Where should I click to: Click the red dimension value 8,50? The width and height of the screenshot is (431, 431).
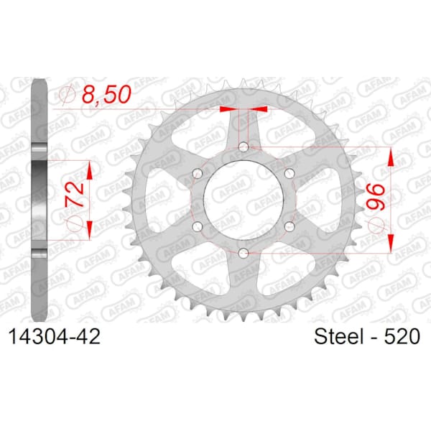coord(106,94)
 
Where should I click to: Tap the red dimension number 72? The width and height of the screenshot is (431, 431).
coord(75,195)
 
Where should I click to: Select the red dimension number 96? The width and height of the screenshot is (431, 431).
coord(376,197)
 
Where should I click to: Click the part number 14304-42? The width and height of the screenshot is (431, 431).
coord(55,336)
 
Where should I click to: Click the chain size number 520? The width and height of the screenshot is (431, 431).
coord(402,336)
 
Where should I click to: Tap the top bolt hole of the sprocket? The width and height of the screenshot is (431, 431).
coord(244,147)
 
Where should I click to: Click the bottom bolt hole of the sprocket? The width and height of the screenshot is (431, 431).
coord(244,253)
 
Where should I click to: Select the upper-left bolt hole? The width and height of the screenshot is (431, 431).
coord(198,173)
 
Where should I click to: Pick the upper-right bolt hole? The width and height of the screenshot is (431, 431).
coord(289,173)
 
